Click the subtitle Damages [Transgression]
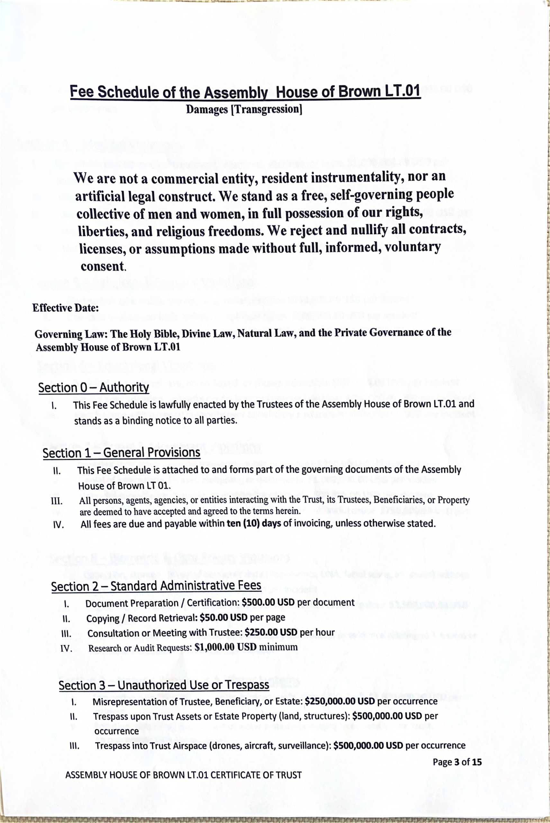tap(244, 109)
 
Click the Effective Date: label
tap(65, 308)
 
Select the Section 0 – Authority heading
tap(93, 388)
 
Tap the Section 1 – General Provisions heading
tap(122, 453)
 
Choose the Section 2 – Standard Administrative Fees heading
tap(156, 585)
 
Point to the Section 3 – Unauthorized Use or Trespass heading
tap(164, 684)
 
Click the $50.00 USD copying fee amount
tap(223, 617)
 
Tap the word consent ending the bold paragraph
tap(103, 266)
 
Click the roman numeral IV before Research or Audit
tap(66, 648)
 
